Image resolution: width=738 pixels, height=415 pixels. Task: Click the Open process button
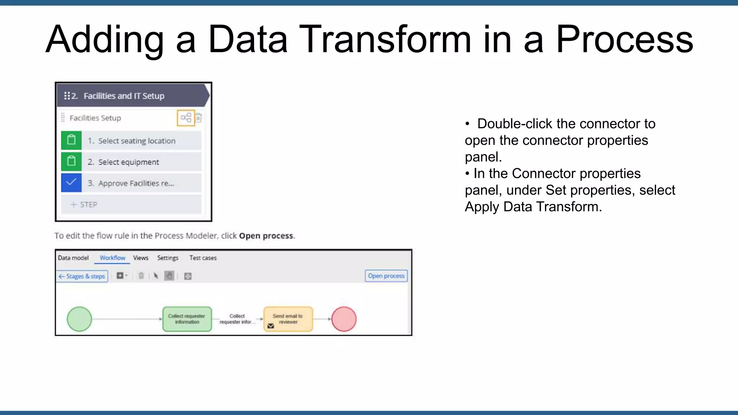pyautogui.click(x=386, y=276)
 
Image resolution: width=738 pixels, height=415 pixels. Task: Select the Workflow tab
pyautogui.click(x=112, y=258)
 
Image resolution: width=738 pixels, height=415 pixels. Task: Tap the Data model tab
pyautogui.click(x=73, y=258)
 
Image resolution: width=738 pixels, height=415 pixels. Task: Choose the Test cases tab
pyautogui.click(x=203, y=258)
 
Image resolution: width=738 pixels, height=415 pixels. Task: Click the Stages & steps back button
pyautogui.click(x=82, y=276)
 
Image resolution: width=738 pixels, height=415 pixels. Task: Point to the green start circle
pyautogui.click(x=79, y=319)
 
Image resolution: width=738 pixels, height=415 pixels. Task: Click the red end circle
pyautogui.click(x=344, y=319)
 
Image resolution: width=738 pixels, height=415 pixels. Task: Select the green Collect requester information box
pyautogui.click(x=187, y=319)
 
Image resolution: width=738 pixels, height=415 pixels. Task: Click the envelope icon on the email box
pyautogui.click(x=271, y=326)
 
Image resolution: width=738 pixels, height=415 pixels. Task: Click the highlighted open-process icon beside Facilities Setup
pyautogui.click(x=186, y=118)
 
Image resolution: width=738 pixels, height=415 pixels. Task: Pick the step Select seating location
pyautogui.click(x=137, y=141)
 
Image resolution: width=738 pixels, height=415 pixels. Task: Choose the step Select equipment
pyautogui.click(x=129, y=162)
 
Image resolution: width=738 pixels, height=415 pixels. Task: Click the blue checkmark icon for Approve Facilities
pyautogui.click(x=71, y=183)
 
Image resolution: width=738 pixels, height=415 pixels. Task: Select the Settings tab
pyautogui.click(x=168, y=258)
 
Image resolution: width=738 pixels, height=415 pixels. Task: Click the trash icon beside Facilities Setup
pyautogui.click(x=199, y=118)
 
